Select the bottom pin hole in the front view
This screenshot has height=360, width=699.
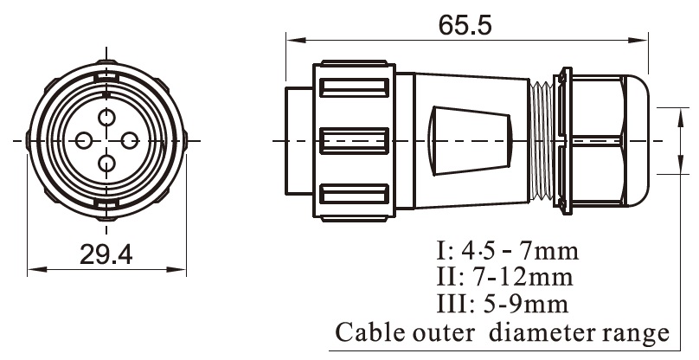tap(107, 164)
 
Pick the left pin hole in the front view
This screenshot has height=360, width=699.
tap(85, 141)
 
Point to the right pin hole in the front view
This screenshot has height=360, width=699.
tap(130, 141)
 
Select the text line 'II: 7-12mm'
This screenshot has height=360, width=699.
tap(505, 279)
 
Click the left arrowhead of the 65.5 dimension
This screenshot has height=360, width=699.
tap(291, 39)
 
